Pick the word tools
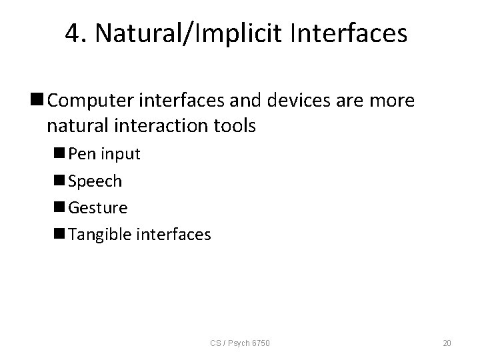pyautogui.click(x=231, y=126)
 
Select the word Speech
pyautogui.click(x=95, y=181)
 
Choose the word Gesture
pyautogui.click(x=98, y=208)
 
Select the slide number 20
pyautogui.click(x=447, y=343)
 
